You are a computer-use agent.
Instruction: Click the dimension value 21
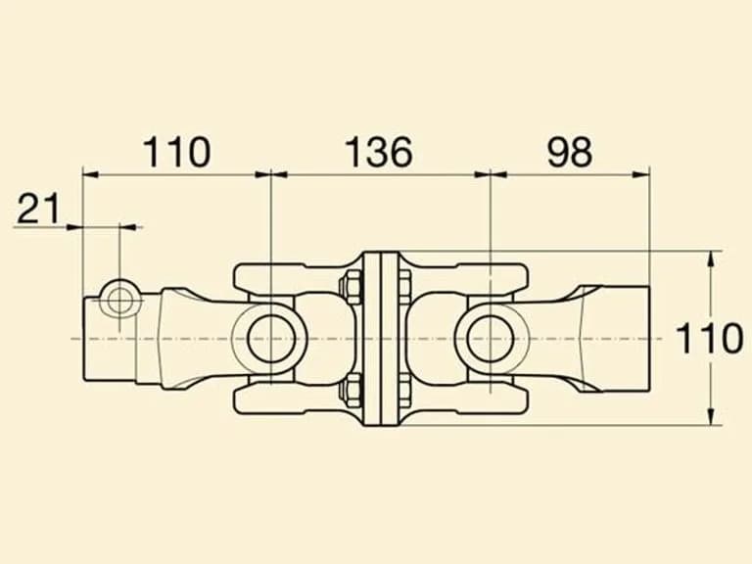(x=38, y=209)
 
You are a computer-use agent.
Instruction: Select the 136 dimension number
(x=379, y=152)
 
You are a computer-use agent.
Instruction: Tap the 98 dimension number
(x=570, y=152)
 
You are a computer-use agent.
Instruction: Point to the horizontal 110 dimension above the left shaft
(x=176, y=152)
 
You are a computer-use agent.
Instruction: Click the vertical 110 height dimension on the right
(x=709, y=338)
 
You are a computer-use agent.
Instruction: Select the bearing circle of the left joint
(x=271, y=339)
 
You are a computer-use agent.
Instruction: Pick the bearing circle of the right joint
(x=491, y=339)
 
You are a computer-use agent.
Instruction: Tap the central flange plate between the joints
(x=381, y=338)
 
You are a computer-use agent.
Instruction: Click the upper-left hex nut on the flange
(x=352, y=287)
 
